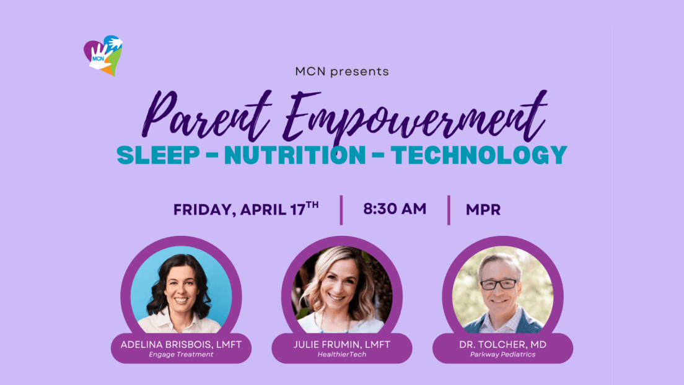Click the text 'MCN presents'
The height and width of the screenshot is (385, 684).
tap(342, 72)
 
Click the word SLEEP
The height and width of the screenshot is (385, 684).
tap(159, 155)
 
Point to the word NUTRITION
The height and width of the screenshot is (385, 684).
tap(295, 155)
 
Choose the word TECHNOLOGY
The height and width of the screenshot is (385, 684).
tap(478, 155)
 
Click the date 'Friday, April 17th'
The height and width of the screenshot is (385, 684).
tap(246, 209)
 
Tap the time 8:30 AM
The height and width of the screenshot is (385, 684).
tap(395, 209)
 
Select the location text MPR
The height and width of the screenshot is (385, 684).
tap(483, 210)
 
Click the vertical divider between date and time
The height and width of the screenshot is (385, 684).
tap(341, 210)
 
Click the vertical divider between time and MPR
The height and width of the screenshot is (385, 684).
tap(449, 210)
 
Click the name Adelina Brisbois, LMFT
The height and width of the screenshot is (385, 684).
tap(181, 344)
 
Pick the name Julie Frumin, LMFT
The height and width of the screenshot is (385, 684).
tap(342, 344)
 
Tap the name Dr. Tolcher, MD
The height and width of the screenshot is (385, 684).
tap(502, 344)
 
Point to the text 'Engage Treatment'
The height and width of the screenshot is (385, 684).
tap(181, 355)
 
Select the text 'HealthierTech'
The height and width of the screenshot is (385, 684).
tap(342, 355)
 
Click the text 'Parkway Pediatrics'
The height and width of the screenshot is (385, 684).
tap(502, 355)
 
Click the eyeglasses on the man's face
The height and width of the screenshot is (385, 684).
tap(499, 284)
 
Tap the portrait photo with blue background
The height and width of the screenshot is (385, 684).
tap(181, 290)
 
